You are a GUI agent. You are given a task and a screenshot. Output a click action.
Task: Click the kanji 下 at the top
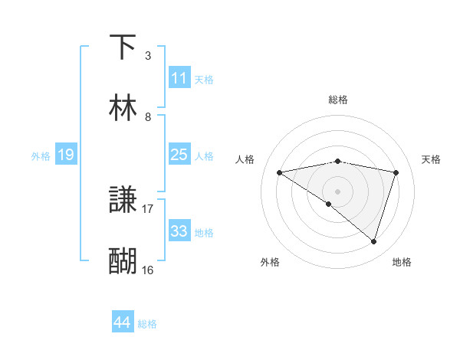tap(123, 47)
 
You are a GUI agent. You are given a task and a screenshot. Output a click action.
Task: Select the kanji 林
tap(123, 108)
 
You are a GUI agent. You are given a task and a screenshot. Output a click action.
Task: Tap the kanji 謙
tap(123, 201)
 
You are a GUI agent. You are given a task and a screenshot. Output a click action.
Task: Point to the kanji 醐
tap(123, 261)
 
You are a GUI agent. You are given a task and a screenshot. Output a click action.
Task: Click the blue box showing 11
tap(179, 78)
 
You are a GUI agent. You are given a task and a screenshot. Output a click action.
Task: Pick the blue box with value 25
tap(179, 155)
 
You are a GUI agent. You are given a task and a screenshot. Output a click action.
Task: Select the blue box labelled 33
tap(179, 231)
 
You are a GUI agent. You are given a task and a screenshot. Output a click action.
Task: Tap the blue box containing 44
tap(123, 323)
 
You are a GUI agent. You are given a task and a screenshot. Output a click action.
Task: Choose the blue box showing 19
tap(66, 155)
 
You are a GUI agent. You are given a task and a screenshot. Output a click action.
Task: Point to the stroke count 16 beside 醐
tap(147, 270)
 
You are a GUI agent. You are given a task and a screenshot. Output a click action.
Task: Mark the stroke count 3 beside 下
tap(147, 56)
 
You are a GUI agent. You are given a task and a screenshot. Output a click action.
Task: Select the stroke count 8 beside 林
tap(147, 116)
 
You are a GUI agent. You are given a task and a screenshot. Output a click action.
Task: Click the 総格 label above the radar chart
tap(337, 100)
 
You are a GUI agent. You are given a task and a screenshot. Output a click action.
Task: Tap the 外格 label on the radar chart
tap(270, 262)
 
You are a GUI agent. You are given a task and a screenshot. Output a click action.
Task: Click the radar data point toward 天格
tap(396, 172)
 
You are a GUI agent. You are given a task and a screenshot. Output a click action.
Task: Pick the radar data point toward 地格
tap(374, 241)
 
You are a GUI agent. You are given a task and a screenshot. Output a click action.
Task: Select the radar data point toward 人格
tap(279, 172)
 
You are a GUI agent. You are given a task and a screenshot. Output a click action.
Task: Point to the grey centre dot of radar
tap(337, 191)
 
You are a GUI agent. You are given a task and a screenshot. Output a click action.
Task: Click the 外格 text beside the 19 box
tap(41, 155)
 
